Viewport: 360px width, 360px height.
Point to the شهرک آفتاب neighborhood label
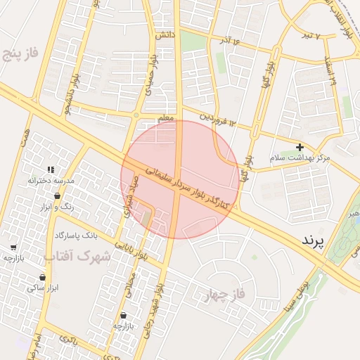coord(82,256)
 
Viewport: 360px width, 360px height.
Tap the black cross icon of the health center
coord(300,147)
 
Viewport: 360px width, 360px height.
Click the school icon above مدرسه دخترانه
coord(51,169)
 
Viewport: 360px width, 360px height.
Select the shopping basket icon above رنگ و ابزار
coord(57,196)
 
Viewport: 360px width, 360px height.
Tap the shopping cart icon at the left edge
coord(13,247)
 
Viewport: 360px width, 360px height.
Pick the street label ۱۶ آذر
coord(226,39)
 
